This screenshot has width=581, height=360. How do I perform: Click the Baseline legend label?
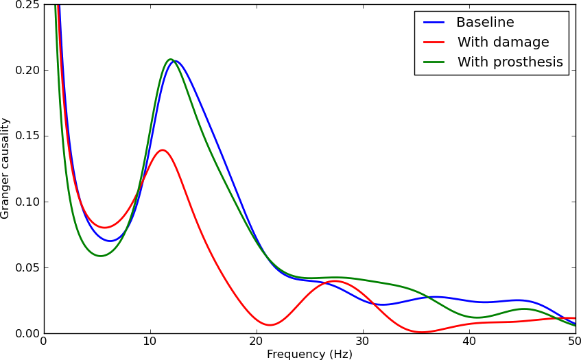[484, 23]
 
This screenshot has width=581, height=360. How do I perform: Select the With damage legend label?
[502, 43]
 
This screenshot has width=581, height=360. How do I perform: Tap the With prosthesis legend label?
[510, 62]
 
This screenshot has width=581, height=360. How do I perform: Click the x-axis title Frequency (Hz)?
[309, 354]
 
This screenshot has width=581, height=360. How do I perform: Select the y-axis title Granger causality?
[5, 168]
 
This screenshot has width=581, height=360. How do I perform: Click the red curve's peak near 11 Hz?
[162, 150]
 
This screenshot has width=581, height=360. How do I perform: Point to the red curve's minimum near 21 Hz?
[270, 325]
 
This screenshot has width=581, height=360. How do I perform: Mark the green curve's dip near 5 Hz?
[100, 256]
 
